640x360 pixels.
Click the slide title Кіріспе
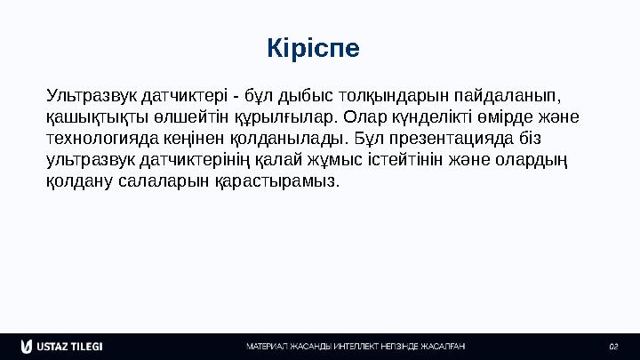(x=313, y=48)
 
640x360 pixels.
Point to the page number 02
(x=612, y=346)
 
